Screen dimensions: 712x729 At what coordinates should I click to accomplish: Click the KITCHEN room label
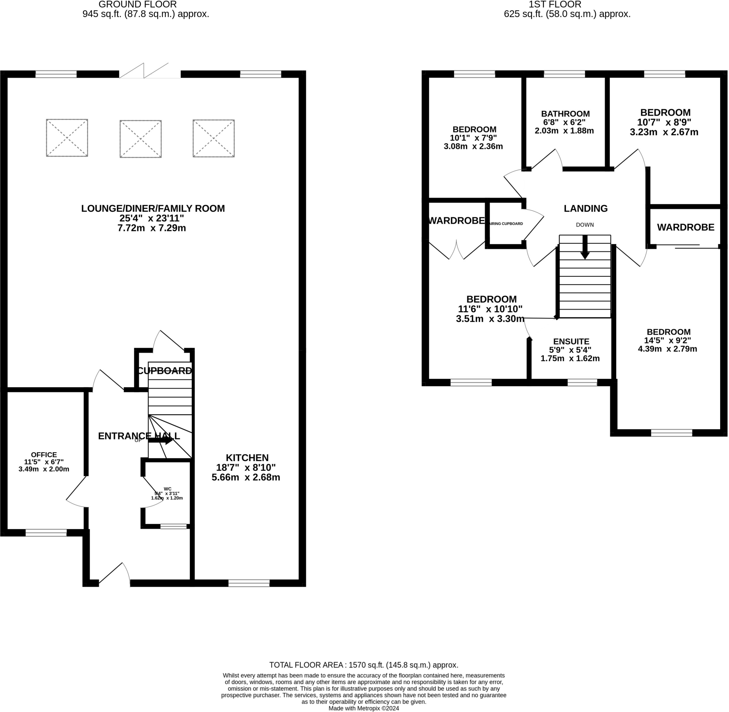click(x=247, y=458)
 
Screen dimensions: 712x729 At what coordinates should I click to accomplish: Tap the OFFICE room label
click(x=44, y=455)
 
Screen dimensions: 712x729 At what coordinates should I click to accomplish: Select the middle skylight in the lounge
click(x=140, y=139)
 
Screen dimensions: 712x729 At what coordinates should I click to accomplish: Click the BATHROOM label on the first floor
click(x=565, y=114)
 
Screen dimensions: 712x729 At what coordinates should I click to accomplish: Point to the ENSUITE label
click(x=571, y=342)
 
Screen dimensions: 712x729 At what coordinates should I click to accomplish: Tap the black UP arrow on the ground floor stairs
click(x=161, y=441)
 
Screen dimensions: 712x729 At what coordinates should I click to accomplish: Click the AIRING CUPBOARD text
click(x=506, y=223)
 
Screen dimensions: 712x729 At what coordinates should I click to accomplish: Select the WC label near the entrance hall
click(x=168, y=489)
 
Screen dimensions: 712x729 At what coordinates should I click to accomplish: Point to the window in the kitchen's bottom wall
click(x=249, y=583)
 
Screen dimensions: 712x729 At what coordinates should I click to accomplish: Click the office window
click(x=46, y=533)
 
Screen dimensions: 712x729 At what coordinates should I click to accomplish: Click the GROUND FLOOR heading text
click(x=138, y=5)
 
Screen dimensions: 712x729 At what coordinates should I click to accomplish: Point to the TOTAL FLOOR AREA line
click(x=363, y=665)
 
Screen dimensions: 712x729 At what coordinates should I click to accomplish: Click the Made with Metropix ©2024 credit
click(x=363, y=708)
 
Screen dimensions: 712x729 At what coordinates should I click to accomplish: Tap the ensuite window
click(x=582, y=383)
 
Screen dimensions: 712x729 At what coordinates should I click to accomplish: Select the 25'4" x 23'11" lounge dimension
click(x=152, y=218)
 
